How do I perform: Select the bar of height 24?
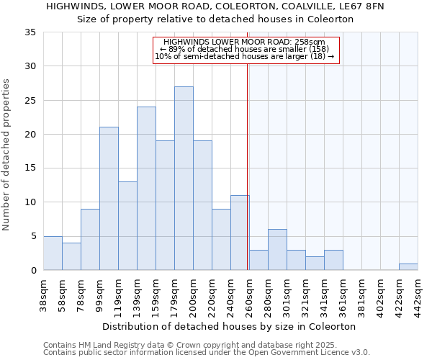click(x=146, y=188)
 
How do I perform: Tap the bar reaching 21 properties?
click(x=109, y=198)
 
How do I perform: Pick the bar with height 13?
click(x=127, y=225)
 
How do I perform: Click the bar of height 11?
click(x=240, y=233)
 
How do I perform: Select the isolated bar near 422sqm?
click(x=408, y=266)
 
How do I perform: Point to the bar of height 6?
click(x=277, y=249)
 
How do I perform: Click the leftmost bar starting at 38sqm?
click(x=53, y=253)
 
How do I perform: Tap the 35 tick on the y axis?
click(x=30, y=32)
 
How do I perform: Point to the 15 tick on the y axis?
click(x=30, y=168)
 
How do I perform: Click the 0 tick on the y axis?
click(x=33, y=270)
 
